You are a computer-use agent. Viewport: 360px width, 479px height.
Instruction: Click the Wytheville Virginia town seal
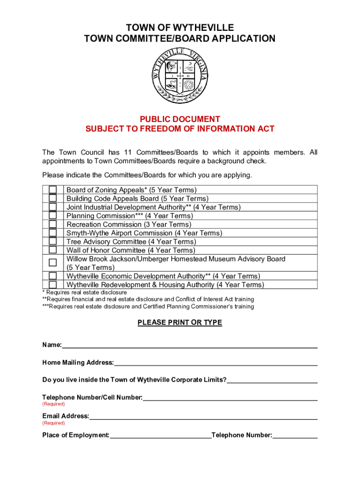pos(180,76)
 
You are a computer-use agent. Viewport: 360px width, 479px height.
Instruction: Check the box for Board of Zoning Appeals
pos(53,190)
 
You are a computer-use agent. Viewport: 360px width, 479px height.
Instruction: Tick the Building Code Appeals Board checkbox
pos(53,198)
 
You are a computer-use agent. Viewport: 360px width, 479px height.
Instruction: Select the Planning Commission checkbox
pos(53,216)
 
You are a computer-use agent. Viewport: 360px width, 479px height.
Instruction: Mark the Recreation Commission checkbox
pos(53,224)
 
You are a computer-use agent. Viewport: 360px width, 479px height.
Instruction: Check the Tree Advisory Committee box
pos(53,241)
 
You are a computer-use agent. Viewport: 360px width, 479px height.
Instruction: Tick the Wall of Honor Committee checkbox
pos(53,250)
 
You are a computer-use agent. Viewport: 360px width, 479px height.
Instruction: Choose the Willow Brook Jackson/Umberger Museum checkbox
pos(53,263)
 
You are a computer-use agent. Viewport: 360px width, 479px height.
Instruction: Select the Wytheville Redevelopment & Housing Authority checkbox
pos(53,284)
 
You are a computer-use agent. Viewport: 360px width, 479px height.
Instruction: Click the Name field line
pos(189,346)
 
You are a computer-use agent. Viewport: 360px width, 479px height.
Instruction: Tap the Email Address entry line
pos(203,417)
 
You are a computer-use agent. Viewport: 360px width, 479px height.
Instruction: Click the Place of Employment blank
pos(160,436)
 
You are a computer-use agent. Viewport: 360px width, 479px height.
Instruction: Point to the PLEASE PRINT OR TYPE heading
pos(180,323)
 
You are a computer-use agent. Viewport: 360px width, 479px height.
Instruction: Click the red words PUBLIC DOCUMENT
pos(180,120)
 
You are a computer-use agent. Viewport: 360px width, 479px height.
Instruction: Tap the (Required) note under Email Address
pos(54,423)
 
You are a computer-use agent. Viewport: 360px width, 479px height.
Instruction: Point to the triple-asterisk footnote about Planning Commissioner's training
pos(148,307)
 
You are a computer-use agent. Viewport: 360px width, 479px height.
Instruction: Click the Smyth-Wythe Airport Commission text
pos(144,233)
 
